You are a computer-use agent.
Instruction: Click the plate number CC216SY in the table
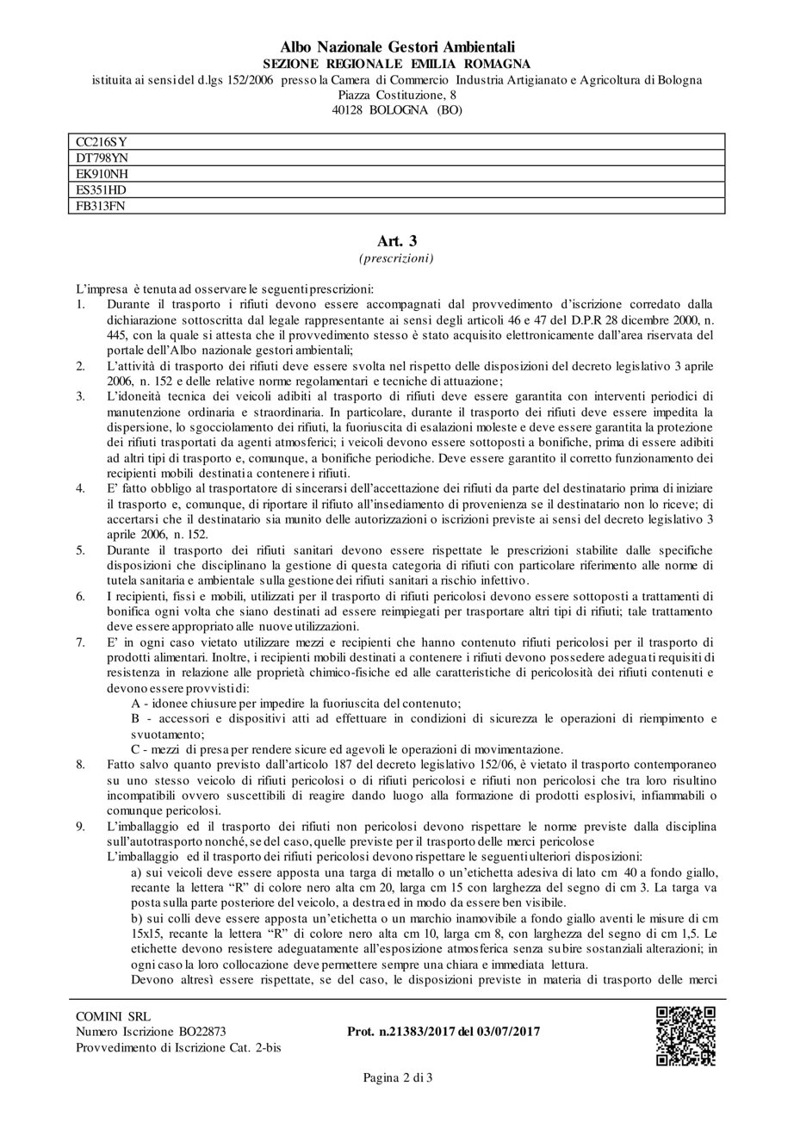point(96,142)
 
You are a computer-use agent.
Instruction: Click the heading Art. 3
point(397,241)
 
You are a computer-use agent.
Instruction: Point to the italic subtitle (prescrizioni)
point(397,257)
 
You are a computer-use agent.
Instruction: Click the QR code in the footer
point(686,1035)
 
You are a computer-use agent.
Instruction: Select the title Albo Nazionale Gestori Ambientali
point(397,47)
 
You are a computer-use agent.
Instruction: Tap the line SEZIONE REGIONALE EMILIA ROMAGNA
point(397,64)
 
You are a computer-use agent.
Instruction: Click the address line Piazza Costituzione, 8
point(397,95)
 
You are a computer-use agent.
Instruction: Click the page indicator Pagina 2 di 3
point(397,1077)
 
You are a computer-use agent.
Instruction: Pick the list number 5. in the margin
point(80,548)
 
